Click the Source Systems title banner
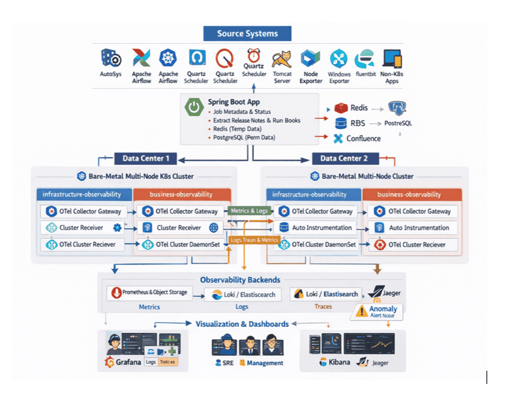[247, 34]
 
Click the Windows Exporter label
[339, 77]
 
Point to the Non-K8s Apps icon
[392, 58]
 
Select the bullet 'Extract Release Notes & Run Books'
[257, 120]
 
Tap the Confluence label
[363, 139]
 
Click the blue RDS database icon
[341, 123]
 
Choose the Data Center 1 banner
[145, 158]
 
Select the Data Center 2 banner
[343, 158]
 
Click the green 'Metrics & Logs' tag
[249, 211]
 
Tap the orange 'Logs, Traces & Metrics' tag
[254, 240]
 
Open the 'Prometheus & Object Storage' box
[150, 292]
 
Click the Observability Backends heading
[240, 280]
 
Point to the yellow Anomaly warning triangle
[361, 311]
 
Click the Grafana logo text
[129, 362]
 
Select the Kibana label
[339, 362]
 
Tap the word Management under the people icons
[265, 363]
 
